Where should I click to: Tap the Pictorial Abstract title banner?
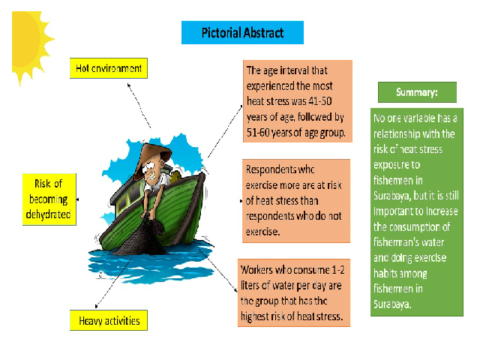coord(242,32)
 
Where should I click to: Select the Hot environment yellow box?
coord(109,68)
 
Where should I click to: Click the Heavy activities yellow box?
coord(109,320)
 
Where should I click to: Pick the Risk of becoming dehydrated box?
coord(49,199)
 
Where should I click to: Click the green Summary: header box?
coord(417,92)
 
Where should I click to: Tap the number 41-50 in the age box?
coord(320,101)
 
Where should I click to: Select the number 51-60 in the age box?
coord(258,132)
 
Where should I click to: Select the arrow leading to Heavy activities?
coord(113,282)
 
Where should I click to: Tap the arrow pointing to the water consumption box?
coord(218,270)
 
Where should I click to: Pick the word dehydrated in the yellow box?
coord(48,214)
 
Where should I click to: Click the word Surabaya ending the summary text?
coord(392,304)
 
